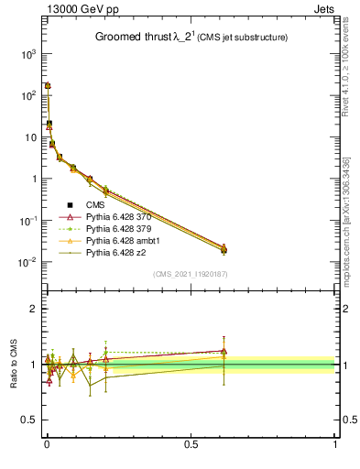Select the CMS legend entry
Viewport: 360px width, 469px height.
pos(95,204)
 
